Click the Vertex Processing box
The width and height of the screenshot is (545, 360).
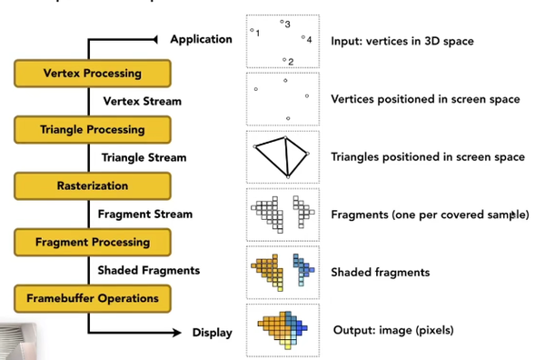click(x=92, y=73)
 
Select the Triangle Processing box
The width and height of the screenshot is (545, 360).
click(x=92, y=129)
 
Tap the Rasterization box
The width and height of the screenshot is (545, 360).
click(x=92, y=185)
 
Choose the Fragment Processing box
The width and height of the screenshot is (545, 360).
click(x=92, y=242)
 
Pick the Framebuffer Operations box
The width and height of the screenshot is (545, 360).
click(x=92, y=298)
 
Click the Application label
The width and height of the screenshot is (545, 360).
click(x=201, y=39)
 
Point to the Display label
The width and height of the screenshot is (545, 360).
click(x=212, y=333)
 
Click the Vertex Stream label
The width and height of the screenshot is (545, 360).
click(x=143, y=101)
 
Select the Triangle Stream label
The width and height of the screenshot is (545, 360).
click(x=144, y=157)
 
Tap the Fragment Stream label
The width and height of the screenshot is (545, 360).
click(x=145, y=214)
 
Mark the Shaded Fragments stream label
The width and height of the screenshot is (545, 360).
click(x=149, y=270)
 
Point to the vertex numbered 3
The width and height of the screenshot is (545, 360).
click(x=282, y=22)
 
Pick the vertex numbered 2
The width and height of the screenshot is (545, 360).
click(x=284, y=60)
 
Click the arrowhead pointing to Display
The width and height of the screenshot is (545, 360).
click(x=170, y=333)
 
